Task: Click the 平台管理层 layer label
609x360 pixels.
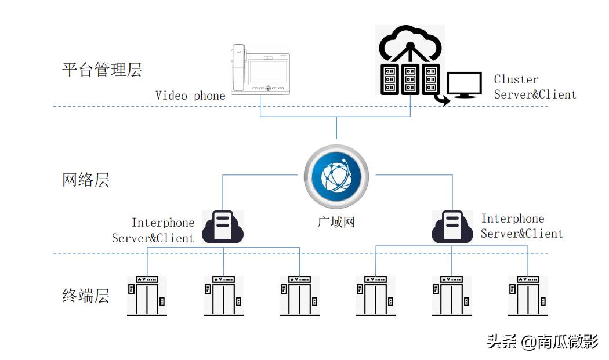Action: coord(102,70)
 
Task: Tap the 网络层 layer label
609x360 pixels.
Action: coord(86,180)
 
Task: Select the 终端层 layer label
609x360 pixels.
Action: coord(86,296)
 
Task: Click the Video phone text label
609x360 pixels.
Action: coord(190,96)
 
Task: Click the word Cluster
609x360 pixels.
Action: coord(516,79)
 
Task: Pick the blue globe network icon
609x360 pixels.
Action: coord(336,176)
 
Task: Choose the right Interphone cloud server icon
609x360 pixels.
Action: coord(452,227)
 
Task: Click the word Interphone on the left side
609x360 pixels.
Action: coord(163,223)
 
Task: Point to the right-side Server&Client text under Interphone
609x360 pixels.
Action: coord(522,234)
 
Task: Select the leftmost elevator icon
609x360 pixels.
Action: coord(147,296)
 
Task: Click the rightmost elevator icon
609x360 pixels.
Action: coord(528,296)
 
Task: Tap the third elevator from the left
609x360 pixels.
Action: coord(299,296)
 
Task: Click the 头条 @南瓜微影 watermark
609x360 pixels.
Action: coord(542,342)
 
